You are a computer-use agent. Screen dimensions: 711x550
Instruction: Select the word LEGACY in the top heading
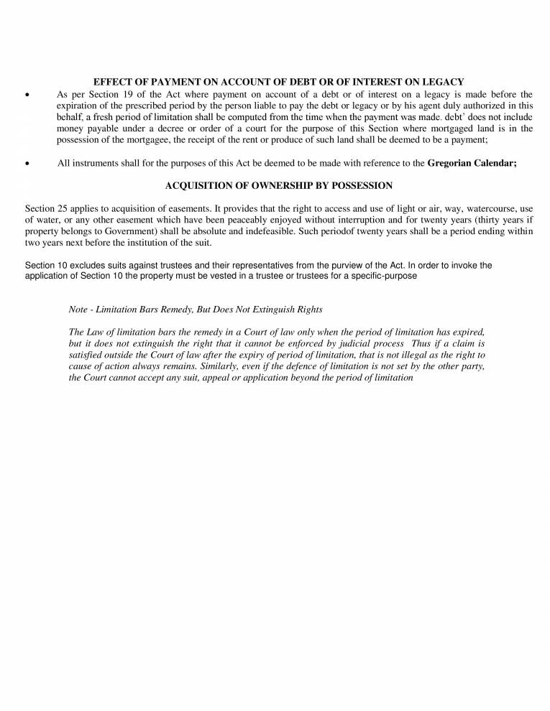[443, 83]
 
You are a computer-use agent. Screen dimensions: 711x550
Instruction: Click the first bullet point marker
[27, 95]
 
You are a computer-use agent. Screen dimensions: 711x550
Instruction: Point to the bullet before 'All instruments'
[27, 164]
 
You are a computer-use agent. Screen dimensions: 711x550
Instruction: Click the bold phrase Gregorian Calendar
[472, 163]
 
